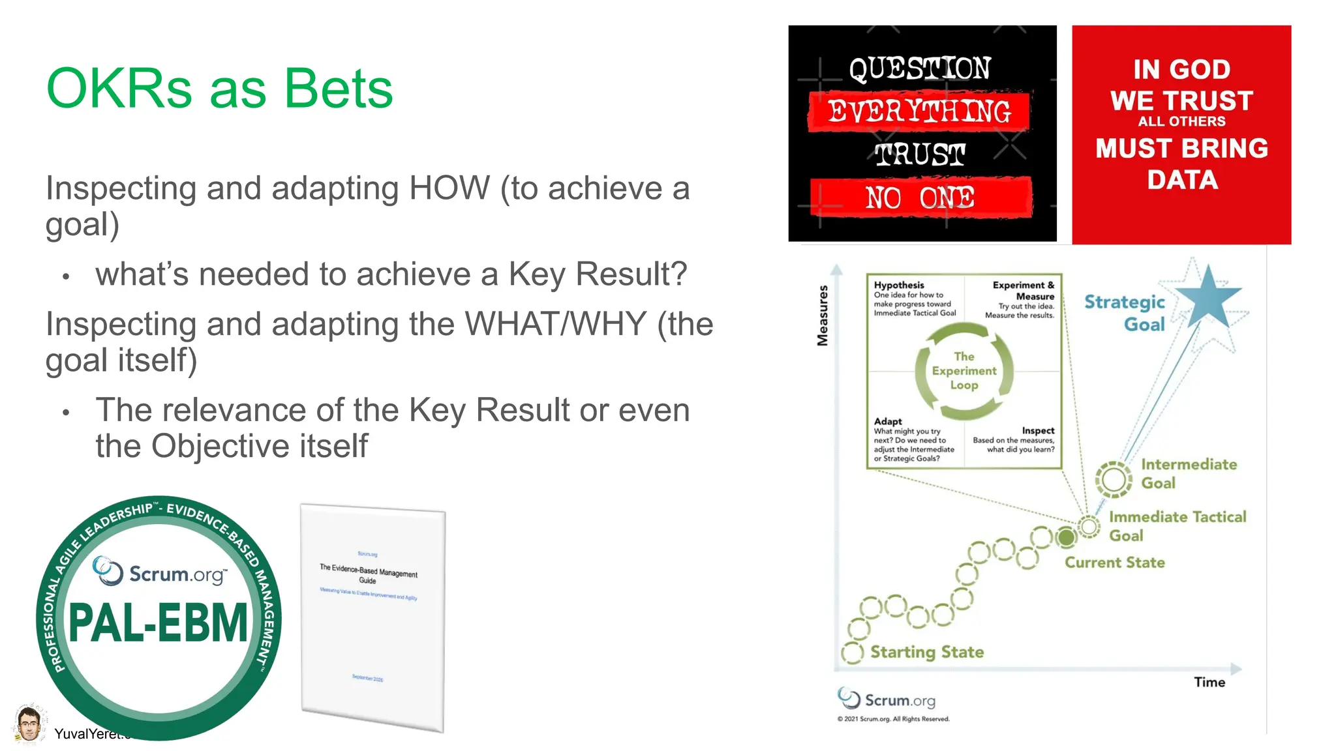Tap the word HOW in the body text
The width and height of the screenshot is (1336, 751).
coord(449,189)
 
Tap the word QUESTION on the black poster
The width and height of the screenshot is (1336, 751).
coord(920,68)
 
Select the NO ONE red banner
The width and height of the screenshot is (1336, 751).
coord(920,198)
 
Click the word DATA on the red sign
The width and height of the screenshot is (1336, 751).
coord(1182,180)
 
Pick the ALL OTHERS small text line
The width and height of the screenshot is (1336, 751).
coord(1181,122)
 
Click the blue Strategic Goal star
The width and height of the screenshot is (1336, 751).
coord(1207,297)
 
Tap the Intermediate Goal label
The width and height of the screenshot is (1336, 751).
coord(1188,473)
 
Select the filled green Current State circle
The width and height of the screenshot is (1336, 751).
coord(1066,537)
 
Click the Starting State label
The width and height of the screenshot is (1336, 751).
coord(926,652)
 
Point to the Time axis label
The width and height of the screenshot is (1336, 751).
coord(1209,682)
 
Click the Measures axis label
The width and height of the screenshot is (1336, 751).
coord(823,316)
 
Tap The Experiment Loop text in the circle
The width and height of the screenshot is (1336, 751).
coord(964,371)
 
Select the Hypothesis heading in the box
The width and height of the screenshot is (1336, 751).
coord(899,285)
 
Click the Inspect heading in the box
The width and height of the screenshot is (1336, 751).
coord(1038,431)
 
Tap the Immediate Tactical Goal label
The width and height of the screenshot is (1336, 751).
coord(1177,525)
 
